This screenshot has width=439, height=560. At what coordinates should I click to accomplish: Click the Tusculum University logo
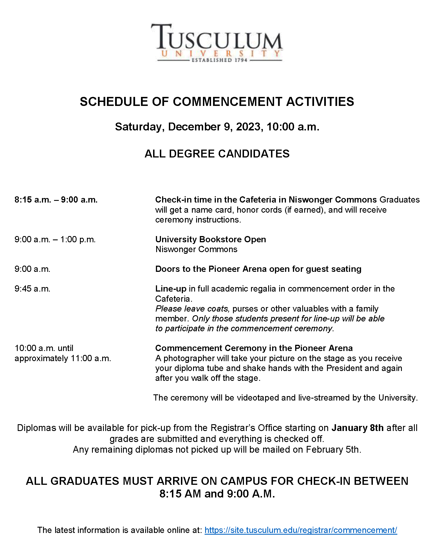coord(217,43)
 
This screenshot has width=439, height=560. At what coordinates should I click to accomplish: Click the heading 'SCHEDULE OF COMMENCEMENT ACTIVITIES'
coord(217,102)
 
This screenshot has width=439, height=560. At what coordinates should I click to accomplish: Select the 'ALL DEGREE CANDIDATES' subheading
coord(217,154)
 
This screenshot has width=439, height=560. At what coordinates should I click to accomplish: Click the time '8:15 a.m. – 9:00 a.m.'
coord(56,200)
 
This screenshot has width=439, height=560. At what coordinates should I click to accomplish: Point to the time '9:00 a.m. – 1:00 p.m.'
coord(55,239)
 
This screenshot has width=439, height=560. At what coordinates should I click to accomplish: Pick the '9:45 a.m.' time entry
coord(32,289)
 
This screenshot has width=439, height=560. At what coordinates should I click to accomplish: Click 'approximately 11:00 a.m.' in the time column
coord(63,358)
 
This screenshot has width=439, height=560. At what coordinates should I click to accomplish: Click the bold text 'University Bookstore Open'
coord(210,239)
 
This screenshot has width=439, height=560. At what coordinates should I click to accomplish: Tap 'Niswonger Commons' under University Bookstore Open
coord(196,249)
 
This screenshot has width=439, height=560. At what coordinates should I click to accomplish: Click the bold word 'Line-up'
coord(171,289)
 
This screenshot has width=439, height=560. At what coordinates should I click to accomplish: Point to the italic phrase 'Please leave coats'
coord(192,309)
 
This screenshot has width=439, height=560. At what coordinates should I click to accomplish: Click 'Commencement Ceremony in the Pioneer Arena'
coord(254,348)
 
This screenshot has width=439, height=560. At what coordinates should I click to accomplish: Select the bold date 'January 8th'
coord(357,428)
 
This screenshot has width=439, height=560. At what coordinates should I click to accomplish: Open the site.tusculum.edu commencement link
coord(301,530)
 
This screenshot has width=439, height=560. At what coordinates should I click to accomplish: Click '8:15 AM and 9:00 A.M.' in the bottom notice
coord(217,494)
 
